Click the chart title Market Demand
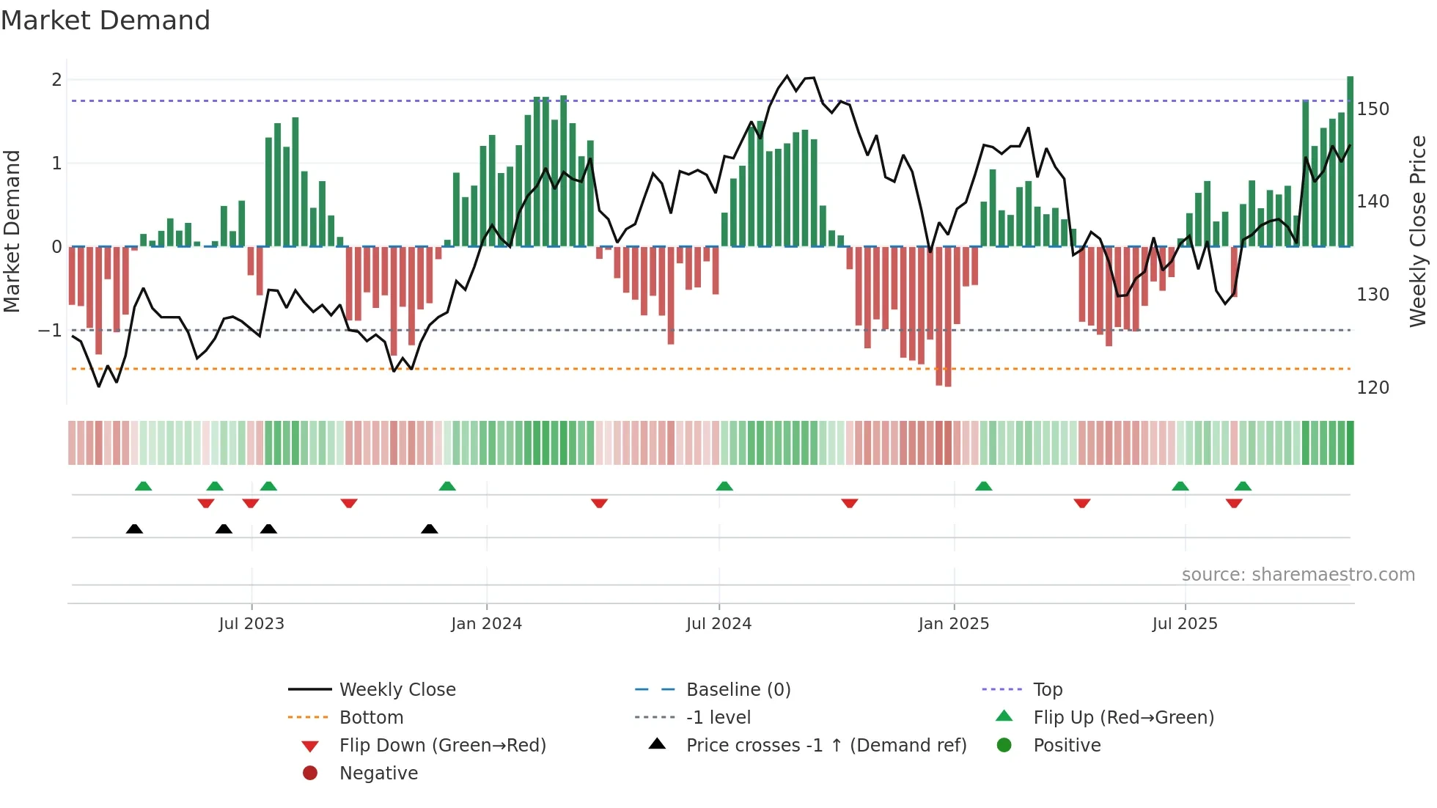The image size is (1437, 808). (x=106, y=21)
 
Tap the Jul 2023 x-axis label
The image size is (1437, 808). (x=251, y=624)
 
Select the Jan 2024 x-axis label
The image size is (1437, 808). (x=486, y=624)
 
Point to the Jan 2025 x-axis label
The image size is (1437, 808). (x=953, y=624)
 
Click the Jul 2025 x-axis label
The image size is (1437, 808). (x=1185, y=624)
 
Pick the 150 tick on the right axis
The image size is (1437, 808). (x=1372, y=109)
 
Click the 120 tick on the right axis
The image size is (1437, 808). (x=1372, y=388)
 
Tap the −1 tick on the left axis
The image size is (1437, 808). (x=50, y=331)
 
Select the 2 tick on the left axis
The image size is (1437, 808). (x=56, y=80)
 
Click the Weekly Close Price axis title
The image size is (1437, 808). (x=1418, y=231)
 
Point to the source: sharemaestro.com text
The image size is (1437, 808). (x=1298, y=575)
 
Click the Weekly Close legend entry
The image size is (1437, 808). (x=397, y=690)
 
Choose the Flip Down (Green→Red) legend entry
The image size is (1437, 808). (x=442, y=746)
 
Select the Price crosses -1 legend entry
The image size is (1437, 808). (x=826, y=746)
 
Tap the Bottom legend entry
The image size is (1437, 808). (x=371, y=718)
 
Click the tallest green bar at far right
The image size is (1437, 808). (x=1350, y=161)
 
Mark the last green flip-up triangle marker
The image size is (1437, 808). (x=1243, y=486)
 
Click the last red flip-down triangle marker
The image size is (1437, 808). (x=1234, y=503)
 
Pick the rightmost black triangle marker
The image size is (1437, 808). (x=430, y=529)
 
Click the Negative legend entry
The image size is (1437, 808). (x=378, y=774)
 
